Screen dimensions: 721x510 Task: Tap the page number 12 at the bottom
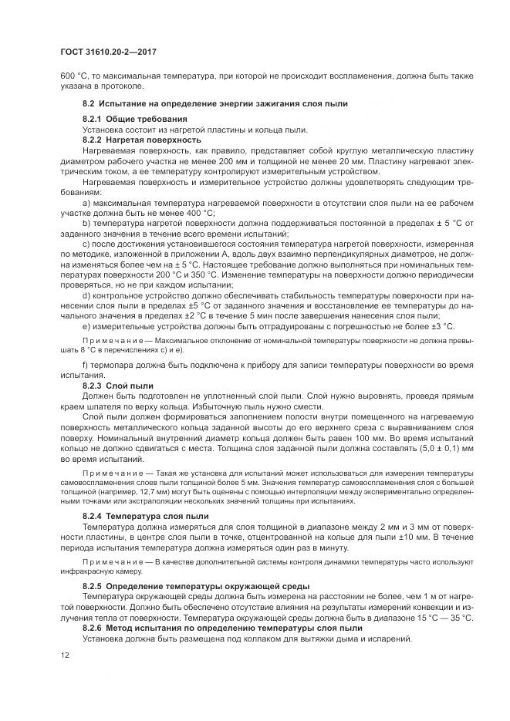click(65, 655)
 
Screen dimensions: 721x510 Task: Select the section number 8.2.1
click(93, 120)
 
